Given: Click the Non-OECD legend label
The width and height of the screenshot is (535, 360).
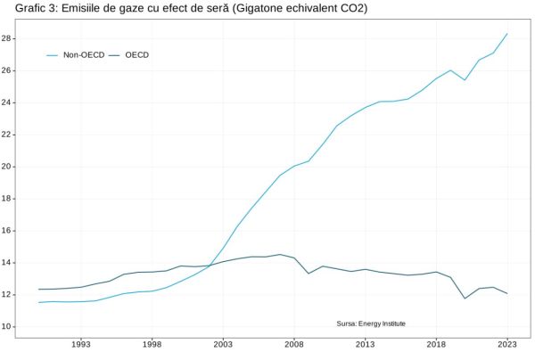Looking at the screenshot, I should point(84,55).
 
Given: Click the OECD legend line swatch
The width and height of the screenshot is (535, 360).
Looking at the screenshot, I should point(114,55).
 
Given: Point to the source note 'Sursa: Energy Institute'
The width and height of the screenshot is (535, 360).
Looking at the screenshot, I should point(371,323).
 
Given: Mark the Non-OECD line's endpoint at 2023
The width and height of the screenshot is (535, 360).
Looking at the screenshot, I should point(507,34).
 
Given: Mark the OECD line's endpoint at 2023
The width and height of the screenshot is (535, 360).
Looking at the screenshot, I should point(507,293).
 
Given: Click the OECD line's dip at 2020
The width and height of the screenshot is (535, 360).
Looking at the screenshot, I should point(465,299).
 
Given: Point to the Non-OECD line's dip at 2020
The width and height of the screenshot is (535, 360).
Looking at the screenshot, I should point(465,80).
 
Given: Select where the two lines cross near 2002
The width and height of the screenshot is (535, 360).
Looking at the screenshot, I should point(210,266).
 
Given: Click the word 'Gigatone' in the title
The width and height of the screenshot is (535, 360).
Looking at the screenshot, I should point(253,8).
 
